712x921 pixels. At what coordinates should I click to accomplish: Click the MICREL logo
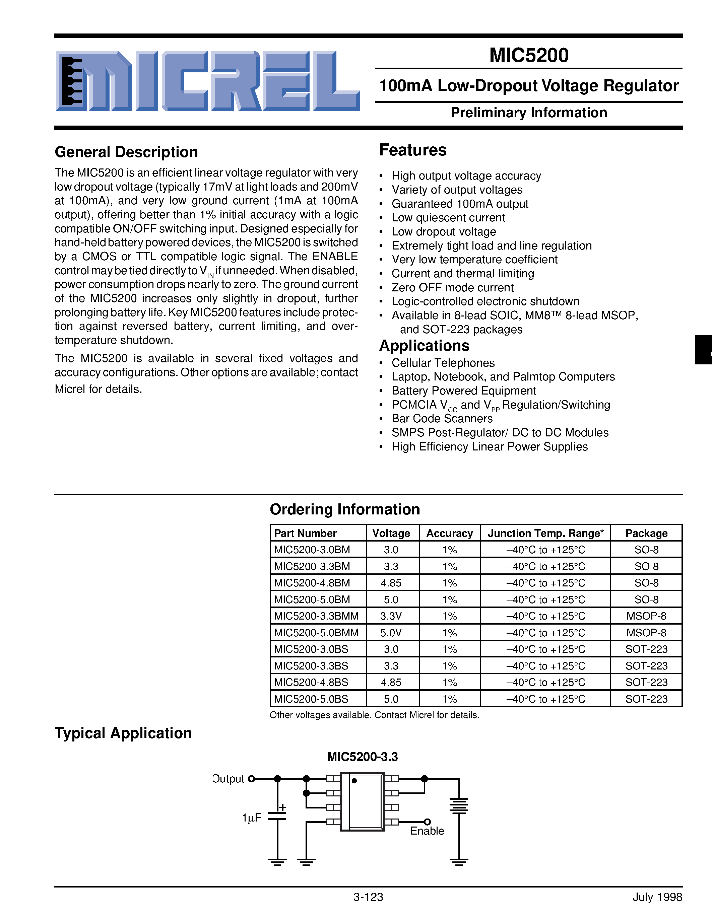[207, 81]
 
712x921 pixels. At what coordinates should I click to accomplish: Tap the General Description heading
[126, 152]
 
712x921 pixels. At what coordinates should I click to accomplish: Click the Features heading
[412, 150]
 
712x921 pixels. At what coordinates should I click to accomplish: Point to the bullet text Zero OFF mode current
[452, 288]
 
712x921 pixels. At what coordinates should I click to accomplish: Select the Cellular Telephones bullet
[443, 363]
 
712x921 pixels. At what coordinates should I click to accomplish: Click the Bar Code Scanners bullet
[442, 418]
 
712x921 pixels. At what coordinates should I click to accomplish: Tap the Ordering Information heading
[345, 509]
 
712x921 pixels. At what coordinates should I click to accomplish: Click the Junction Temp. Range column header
[545, 534]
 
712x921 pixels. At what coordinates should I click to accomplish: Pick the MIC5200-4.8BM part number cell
[312, 583]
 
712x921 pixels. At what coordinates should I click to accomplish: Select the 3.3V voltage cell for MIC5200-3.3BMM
[391, 616]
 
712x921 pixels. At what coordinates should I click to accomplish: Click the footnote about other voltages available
[374, 715]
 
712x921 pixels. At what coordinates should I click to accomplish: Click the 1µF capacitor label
[252, 818]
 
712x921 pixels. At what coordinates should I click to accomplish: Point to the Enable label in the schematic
[427, 831]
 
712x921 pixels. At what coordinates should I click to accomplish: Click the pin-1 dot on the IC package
[354, 781]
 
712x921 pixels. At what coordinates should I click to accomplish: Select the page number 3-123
[368, 909]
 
